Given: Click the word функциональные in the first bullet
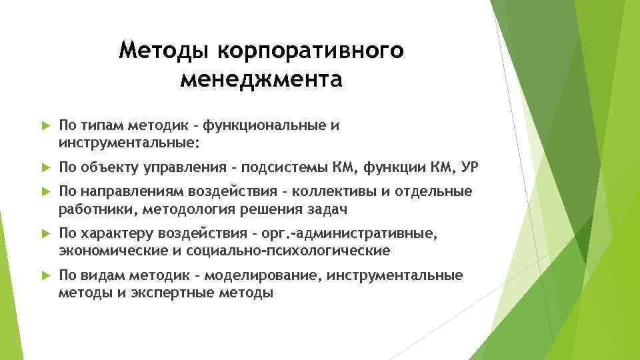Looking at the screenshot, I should pyautogui.click(x=260, y=125).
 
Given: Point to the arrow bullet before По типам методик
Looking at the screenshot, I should pyautogui.click(x=45, y=125).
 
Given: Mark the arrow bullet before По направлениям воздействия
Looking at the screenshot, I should pyautogui.click(x=45, y=193).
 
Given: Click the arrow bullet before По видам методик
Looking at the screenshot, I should pyautogui.click(x=45, y=276).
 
